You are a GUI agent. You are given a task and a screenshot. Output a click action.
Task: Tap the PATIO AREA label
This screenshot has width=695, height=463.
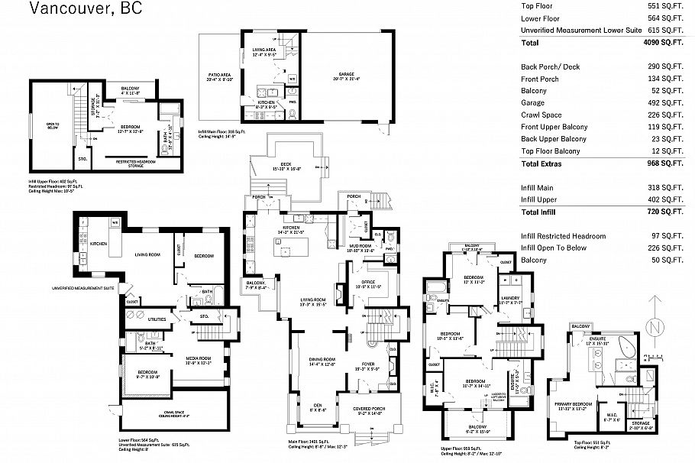tap(219, 75)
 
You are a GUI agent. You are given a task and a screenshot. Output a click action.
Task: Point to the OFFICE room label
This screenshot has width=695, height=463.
tap(370, 283)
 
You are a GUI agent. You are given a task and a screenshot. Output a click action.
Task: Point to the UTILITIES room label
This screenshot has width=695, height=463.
tap(156, 319)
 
